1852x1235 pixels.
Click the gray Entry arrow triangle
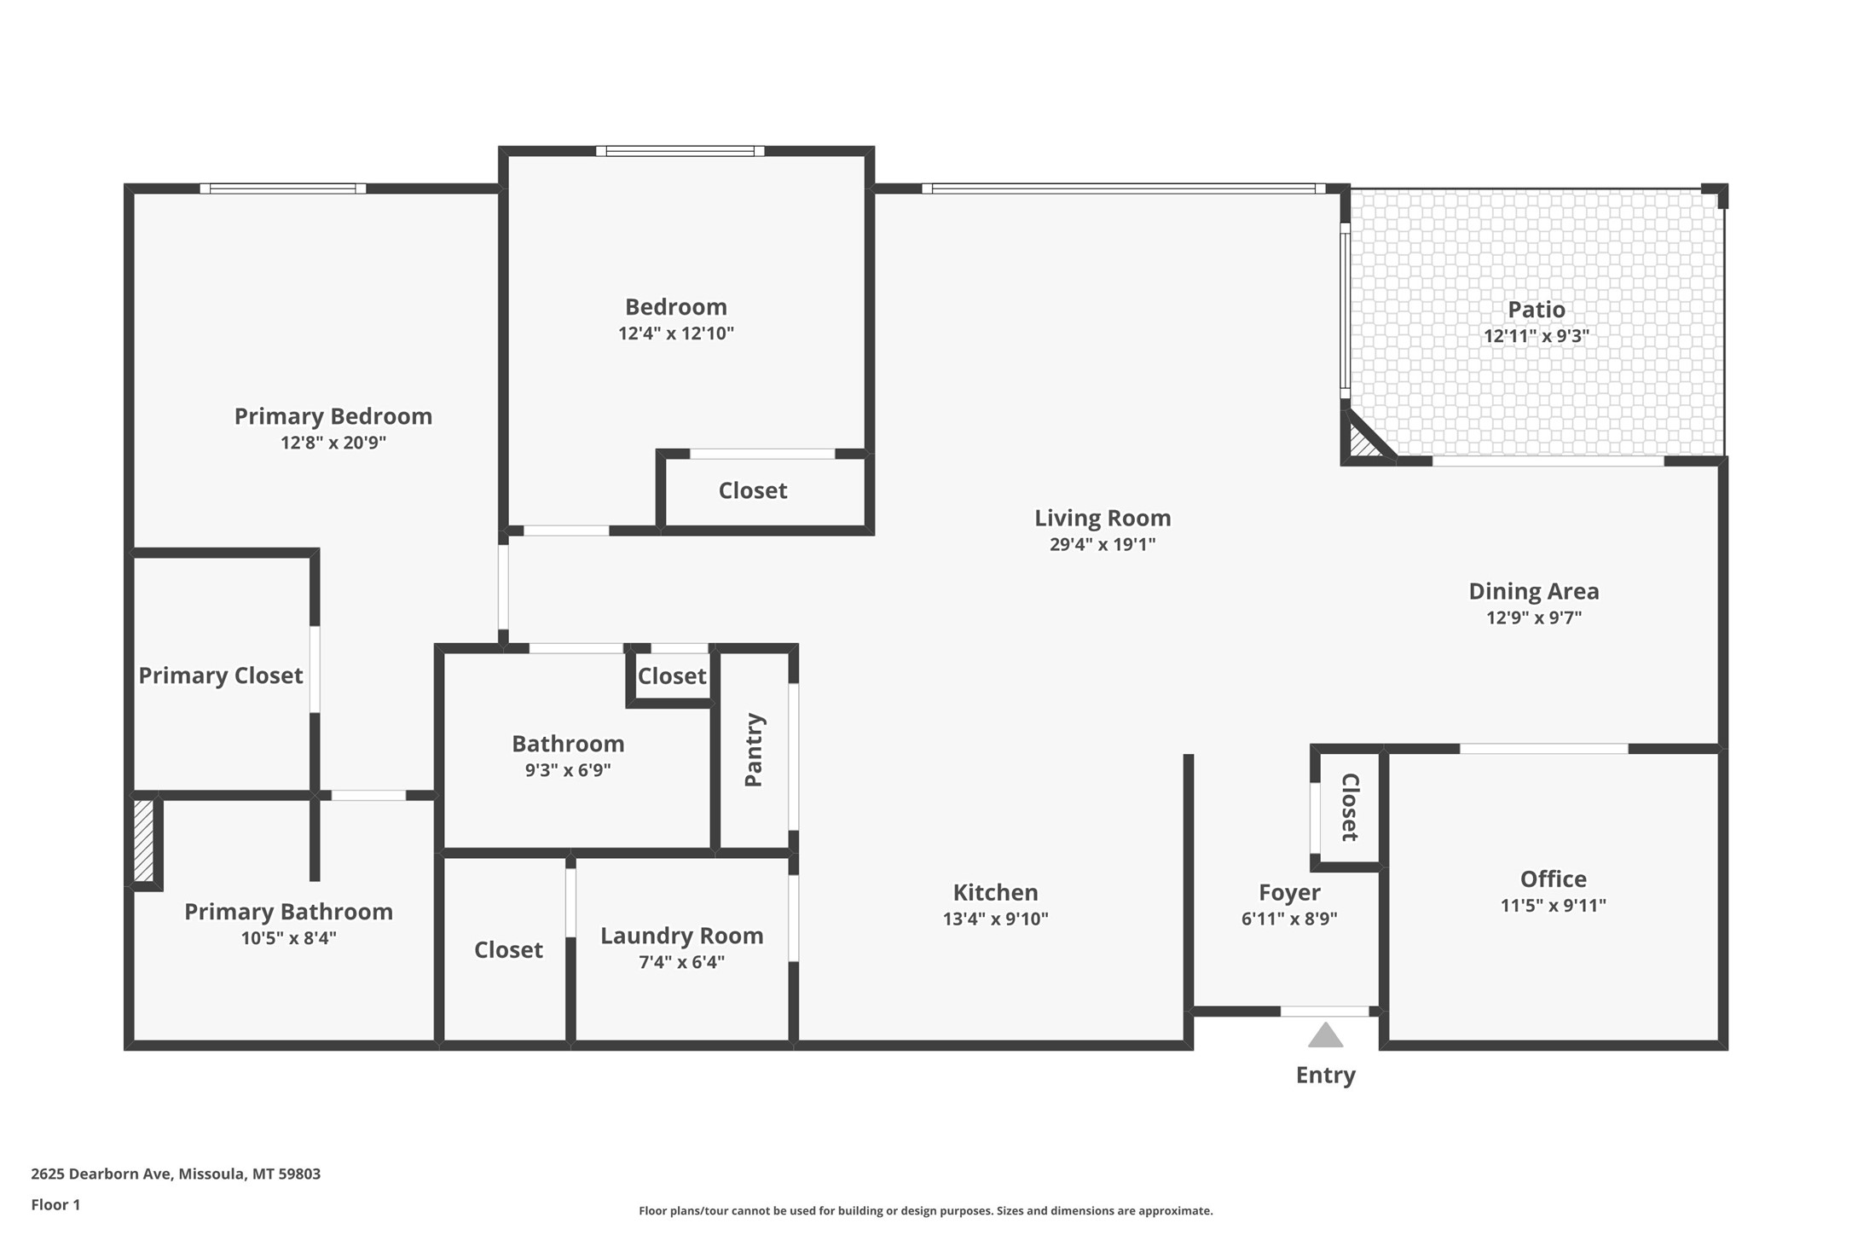click(x=1325, y=1037)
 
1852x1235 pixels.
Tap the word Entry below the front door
click(x=1325, y=1076)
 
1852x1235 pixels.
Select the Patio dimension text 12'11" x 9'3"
click(x=1536, y=336)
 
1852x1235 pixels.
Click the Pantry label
click(x=754, y=750)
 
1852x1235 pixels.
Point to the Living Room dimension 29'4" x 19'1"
click(x=1102, y=544)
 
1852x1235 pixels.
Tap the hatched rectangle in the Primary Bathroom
click(x=143, y=840)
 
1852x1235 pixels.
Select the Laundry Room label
click(x=681, y=936)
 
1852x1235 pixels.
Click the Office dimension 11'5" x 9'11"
click(x=1553, y=906)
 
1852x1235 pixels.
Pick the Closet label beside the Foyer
click(x=1349, y=807)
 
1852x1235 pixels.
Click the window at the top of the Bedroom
click(x=680, y=151)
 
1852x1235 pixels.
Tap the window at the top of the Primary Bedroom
click(x=282, y=188)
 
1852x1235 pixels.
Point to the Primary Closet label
click(x=220, y=675)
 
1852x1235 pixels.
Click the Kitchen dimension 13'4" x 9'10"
click(x=995, y=919)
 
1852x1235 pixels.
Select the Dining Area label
click(x=1533, y=591)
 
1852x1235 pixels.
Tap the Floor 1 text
click(x=55, y=1205)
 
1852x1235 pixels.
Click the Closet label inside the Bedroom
click(x=752, y=490)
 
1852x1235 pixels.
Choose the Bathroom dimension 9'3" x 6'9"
click(x=567, y=770)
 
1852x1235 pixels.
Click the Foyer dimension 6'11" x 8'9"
click(x=1288, y=919)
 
